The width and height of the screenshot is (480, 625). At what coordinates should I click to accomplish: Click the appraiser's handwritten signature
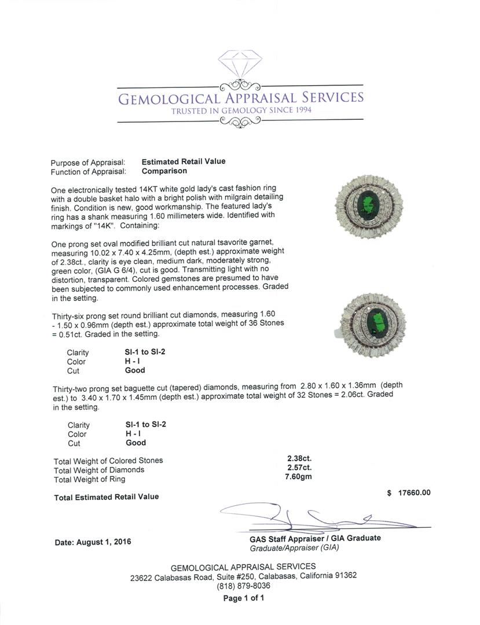(x=301, y=514)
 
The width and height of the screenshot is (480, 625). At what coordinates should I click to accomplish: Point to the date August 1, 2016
(x=93, y=542)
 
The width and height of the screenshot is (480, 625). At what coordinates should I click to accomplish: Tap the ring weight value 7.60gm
(x=299, y=479)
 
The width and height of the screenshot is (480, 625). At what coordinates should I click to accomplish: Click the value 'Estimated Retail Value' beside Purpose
(x=184, y=162)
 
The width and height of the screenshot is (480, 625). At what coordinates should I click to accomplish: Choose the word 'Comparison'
(x=164, y=171)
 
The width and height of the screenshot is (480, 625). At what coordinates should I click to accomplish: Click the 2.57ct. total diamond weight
(x=299, y=469)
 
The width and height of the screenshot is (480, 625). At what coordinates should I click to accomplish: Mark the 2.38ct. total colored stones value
(x=299, y=460)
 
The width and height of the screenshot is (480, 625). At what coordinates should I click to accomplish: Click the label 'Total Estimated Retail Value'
(x=106, y=497)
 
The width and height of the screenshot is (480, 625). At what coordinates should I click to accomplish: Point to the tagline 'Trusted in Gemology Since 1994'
(x=240, y=110)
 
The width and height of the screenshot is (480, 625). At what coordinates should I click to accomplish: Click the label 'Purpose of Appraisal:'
(x=88, y=163)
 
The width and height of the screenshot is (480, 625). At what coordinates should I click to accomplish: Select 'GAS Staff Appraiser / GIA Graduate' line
(x=311, y=538)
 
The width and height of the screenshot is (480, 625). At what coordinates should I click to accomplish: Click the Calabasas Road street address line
(x=243, y=576)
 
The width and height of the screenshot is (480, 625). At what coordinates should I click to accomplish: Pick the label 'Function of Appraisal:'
(x=88, y=172)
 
